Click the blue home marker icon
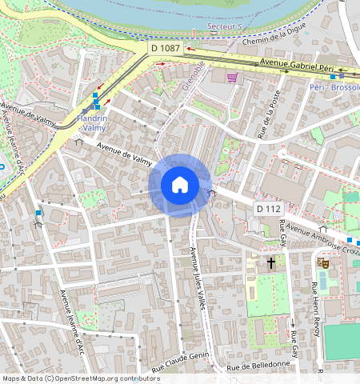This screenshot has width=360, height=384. (180, 185)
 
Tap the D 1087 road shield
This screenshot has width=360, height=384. (166, 49)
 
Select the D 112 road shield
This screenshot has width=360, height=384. (269, 209)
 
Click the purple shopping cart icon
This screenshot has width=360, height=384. (233, 78)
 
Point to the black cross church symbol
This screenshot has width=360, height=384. (271, 262)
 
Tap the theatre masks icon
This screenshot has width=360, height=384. (324, 262)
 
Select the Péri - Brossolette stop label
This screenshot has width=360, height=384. (334, 86)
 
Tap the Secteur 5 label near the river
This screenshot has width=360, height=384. (224, 26)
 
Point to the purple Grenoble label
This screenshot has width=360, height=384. (190, 80)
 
